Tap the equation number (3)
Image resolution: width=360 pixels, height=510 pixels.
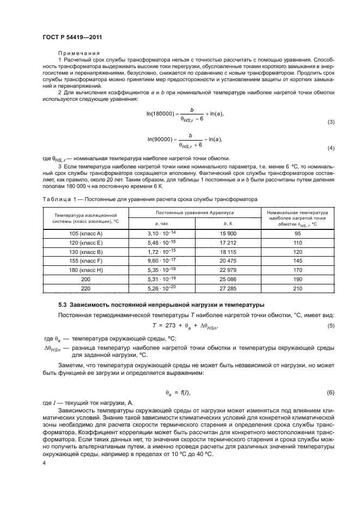(x=330, y=122)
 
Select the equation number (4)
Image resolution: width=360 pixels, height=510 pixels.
(x=330, y=148)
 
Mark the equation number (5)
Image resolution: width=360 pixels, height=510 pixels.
(x=330, y=325)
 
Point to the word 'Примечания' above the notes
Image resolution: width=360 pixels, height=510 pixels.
(x=76, y=53)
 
